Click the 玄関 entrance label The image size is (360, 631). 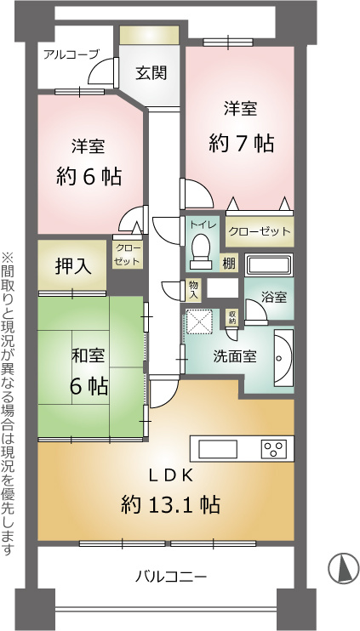pyautogui.click(x=151, y=73)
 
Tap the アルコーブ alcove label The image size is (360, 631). pyautogui.click(x=71, y=54)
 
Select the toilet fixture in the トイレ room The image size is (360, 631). pyautogui.click(x=201, y=252)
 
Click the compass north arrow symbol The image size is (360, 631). pyautogui.click(x=344, y=570)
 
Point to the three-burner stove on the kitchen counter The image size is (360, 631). pyautogui.click(x=274, y=448)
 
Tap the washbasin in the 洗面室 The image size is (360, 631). pyautogui.click(x=283, y=358)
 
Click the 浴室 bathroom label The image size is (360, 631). pyautogui.click(x=274, y=298)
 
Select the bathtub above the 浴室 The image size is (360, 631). pyautogui.click(x=269, y=264)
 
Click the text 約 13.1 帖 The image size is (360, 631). pyautogui.click(x=171, y=503)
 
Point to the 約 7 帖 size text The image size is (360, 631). pyautogui.click(x=242, y=143)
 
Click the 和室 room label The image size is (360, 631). pyautogui.click(x=89, y=356)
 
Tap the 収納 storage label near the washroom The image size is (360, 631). pyautogui.click(x=232, y=317)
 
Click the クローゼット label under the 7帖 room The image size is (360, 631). pyautogui.click(x=260, y=231)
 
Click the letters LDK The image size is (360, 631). pyautogui.click(x=171, y=476)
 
